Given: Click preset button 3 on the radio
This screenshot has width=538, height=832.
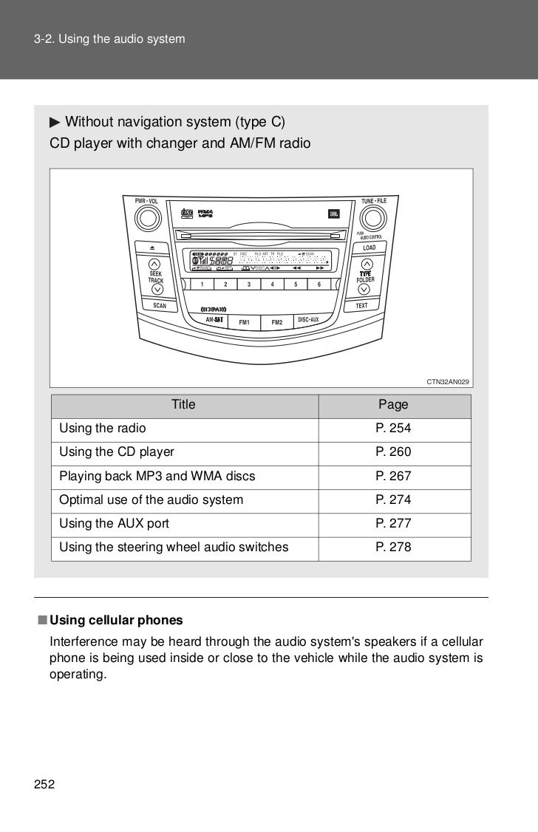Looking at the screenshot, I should [249, 284].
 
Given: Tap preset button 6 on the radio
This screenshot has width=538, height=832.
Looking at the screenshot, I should [319, 284].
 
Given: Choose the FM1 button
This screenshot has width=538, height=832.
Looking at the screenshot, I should [244, 322].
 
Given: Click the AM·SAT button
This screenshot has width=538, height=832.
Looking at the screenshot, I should [214, 319].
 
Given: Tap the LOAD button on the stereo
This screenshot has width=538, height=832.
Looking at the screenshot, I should [370, 248].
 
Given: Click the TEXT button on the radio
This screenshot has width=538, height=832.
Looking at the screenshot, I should [361, 305].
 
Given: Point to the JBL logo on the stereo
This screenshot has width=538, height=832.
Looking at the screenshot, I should [334, 214].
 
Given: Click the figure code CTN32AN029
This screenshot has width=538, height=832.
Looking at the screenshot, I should [448, 382].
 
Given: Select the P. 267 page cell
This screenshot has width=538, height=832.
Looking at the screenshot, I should [393, 476].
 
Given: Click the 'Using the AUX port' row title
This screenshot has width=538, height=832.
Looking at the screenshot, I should [115, 523].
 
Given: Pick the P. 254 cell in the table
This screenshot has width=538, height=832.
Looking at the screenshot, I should [393, 429].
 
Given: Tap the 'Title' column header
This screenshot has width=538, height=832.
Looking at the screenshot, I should [183, 404].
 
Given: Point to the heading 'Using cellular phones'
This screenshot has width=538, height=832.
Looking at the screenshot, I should [116, 618].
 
